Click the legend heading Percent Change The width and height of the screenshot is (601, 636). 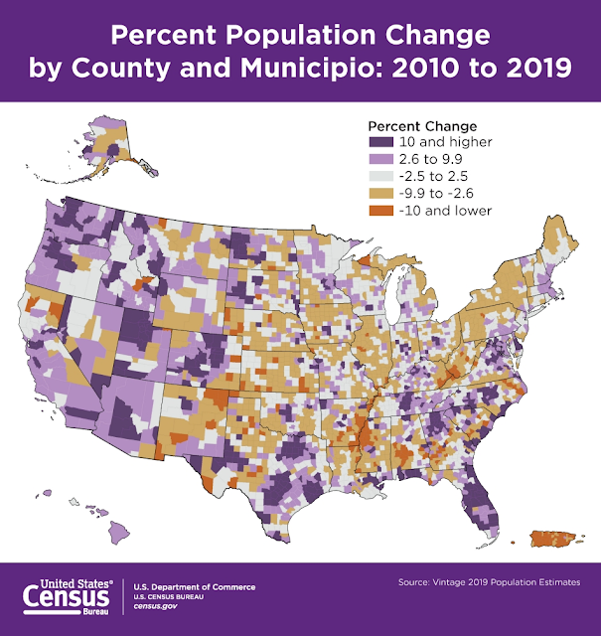coord(422,126)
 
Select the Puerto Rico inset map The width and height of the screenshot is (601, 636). coord(554,539)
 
